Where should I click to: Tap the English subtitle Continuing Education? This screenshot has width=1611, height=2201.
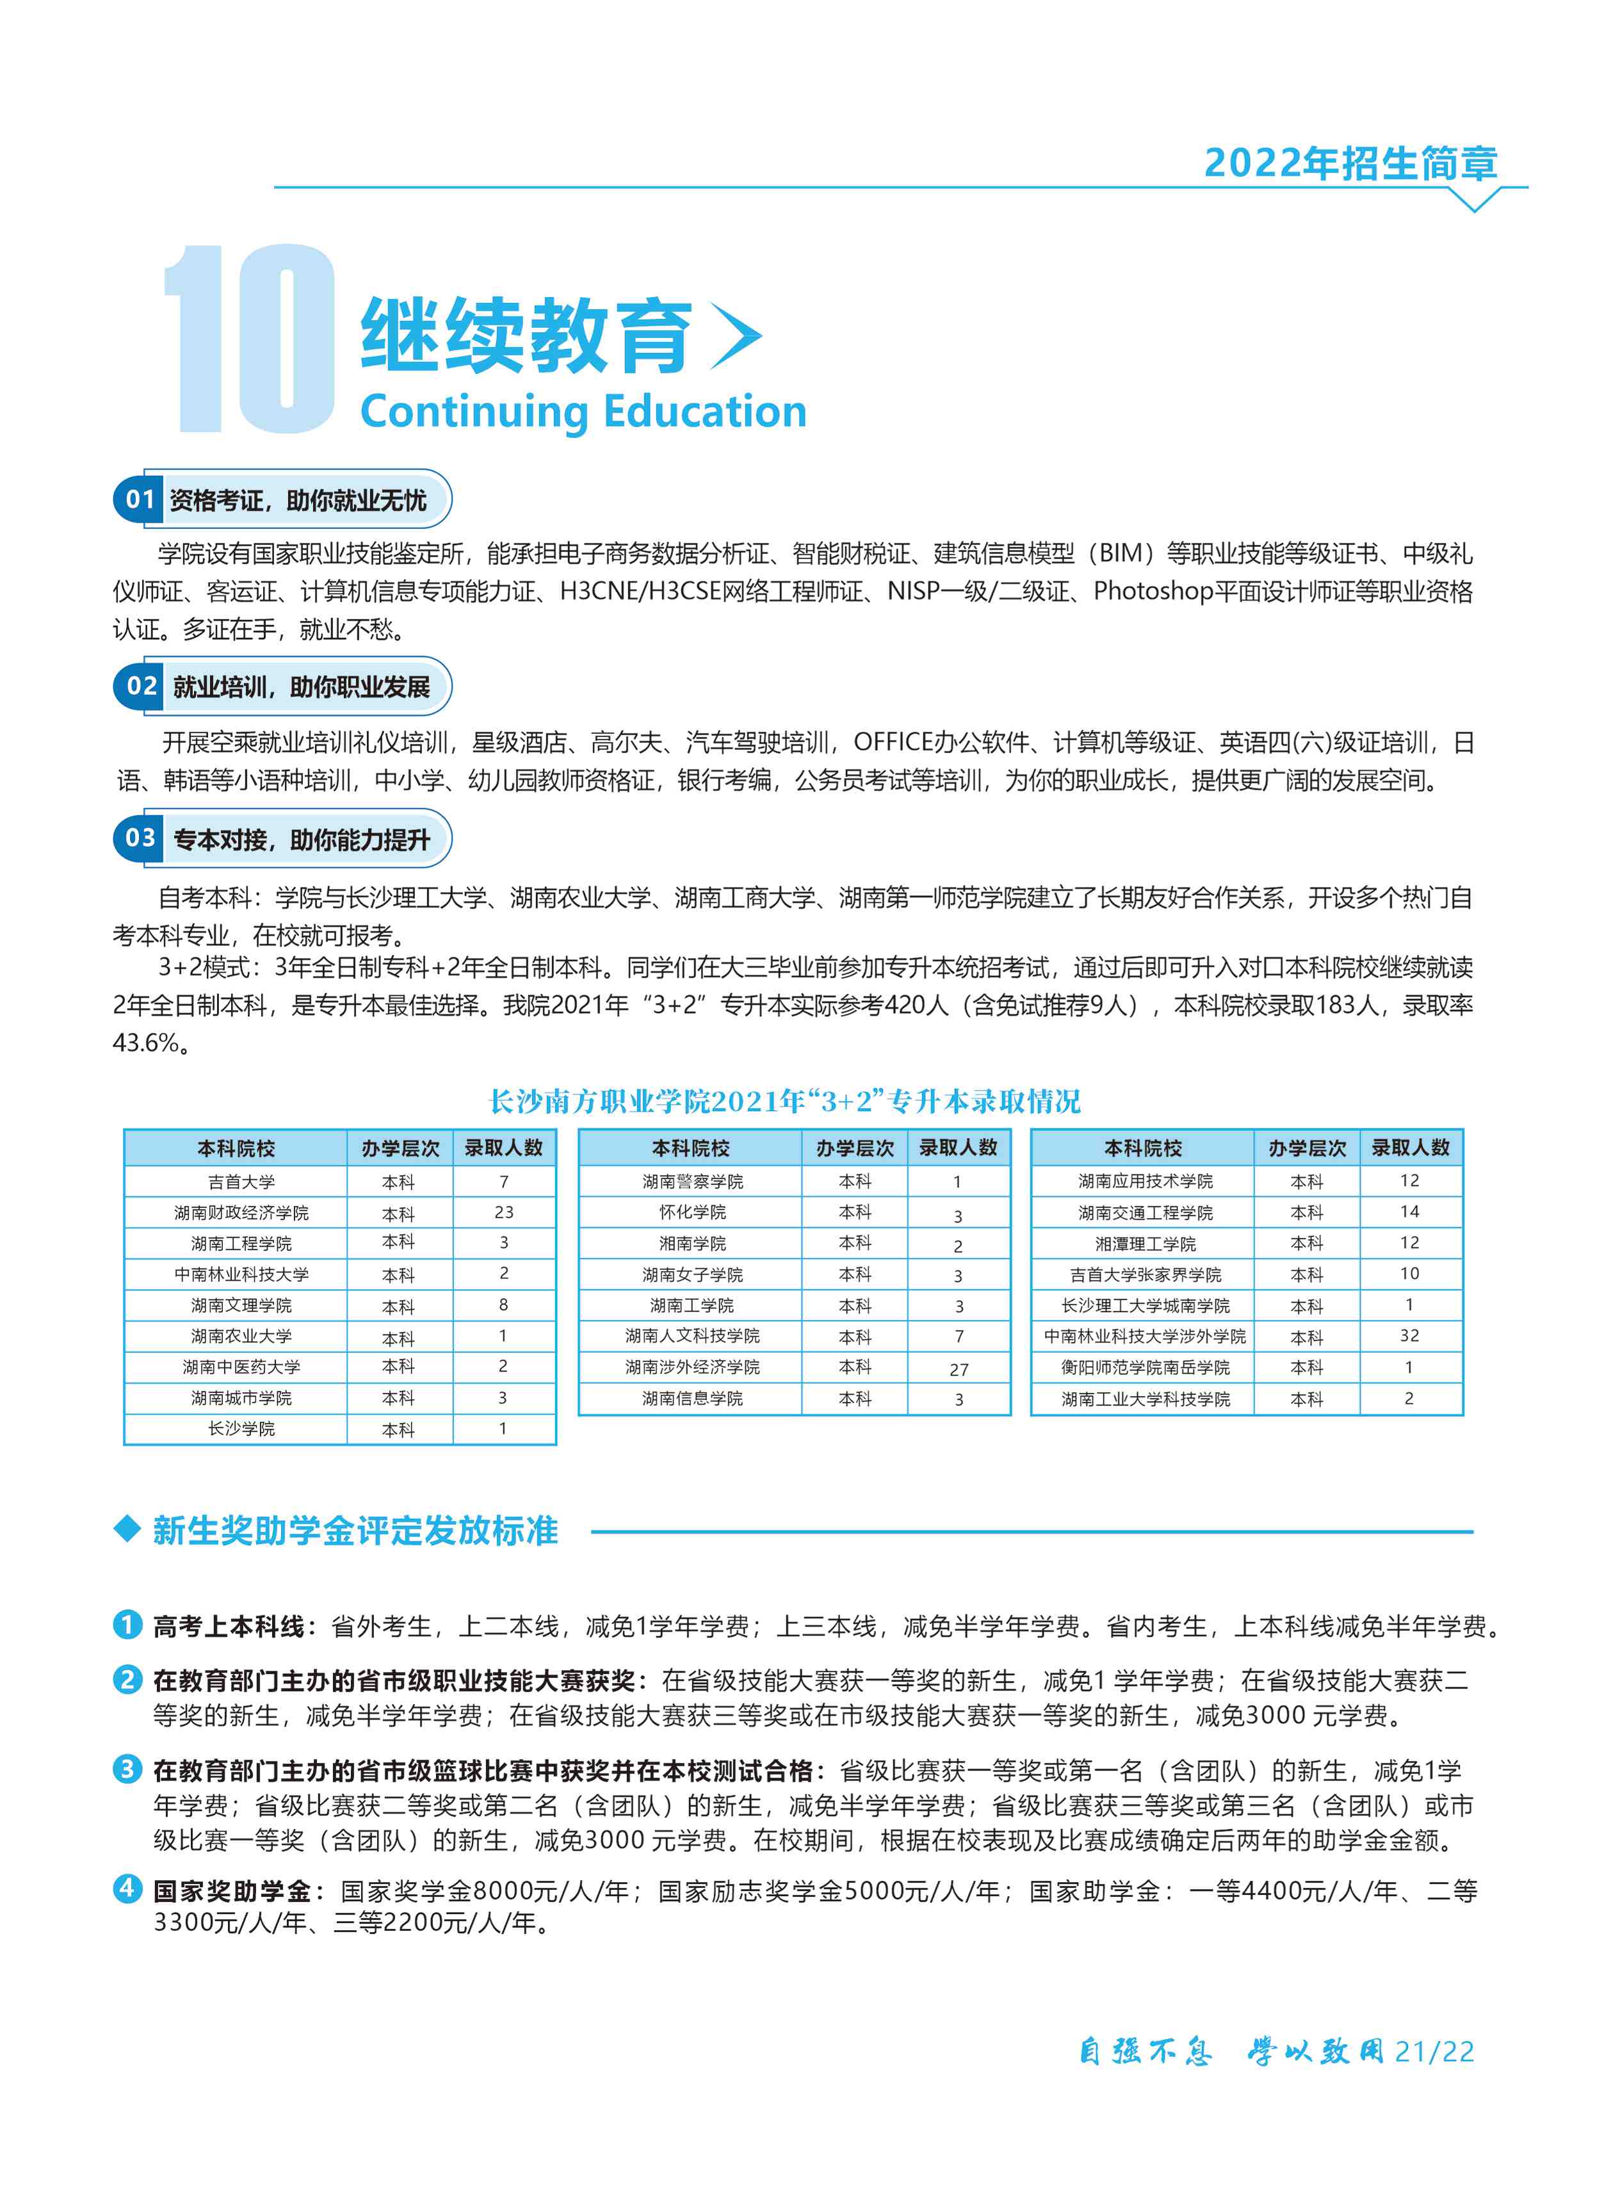(583, 412)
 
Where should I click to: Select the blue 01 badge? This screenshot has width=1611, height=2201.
(140, 499)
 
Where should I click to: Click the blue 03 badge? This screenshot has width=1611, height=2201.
(140, 838)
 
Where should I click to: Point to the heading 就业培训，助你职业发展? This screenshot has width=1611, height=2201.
(302, 686)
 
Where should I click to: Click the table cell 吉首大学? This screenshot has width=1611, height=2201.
(241, 1182)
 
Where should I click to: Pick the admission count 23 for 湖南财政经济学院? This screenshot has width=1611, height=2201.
(503, 1212)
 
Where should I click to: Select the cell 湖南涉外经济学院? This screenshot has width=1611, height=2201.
(692, 1367)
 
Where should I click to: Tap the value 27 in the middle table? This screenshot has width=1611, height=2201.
(959, 1369)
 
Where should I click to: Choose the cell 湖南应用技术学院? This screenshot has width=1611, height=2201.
(1145, 1181)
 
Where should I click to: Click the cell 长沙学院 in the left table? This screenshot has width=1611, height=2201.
(241, 1429)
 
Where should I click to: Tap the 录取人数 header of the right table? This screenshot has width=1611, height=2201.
(1410, 1148)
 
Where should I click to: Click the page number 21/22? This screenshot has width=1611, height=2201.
(1434, 2052)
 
